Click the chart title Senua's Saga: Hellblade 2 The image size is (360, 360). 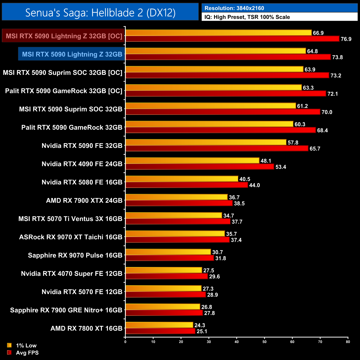(x=100, y=12)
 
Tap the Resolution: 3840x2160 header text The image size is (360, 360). (x=234, y=8)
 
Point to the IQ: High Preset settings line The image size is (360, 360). (x=247, y=17)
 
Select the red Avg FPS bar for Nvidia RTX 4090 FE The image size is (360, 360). (x=199, y=167)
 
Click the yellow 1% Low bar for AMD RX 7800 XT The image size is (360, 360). (x=159, y=325)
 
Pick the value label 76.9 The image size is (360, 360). (x=346, y=39)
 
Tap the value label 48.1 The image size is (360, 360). (x=266, y=161)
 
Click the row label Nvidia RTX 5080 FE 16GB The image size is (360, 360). (x=82, y=182)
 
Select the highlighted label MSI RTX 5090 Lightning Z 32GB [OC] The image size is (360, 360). (x=64, y=36)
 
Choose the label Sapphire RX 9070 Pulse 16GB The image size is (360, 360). (x=75, y=255)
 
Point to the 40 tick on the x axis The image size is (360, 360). (x=236, y=342)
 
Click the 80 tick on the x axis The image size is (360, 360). (x=348, y=342)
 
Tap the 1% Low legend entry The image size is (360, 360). (x=26, y=345)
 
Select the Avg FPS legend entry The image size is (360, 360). (x=27, y=353)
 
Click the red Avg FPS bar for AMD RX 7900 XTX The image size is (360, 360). (x=179, y=203)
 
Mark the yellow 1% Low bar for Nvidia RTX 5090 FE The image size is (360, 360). (x=206, y=142)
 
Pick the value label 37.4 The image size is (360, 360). (x=236, y=240)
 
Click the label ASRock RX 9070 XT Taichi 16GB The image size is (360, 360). (x=71, y=237)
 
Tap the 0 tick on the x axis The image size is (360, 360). (x=125, y=342)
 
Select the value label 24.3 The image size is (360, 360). (x=200, y=325)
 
